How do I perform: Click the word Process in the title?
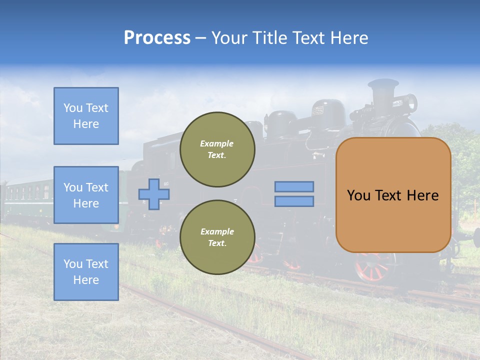pos(157,38)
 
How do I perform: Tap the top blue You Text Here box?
pos(86,116)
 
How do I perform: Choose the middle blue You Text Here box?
pos(86,195)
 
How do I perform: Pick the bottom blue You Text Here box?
pos(86,272)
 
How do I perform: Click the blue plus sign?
pos(154,194)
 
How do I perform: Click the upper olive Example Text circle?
pos(217,149)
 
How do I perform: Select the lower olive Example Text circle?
pos(217,237)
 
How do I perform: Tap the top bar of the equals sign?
pos(294,187)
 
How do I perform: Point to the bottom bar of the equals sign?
pos(294,201)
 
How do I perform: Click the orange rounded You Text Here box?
pos(393,195)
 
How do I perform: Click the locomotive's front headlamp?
pos(410,102)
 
